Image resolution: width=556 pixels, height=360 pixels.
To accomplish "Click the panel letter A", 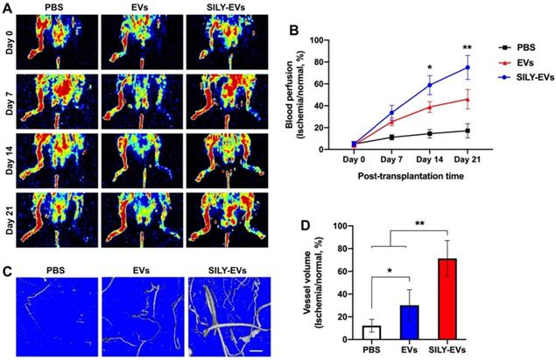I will pyautogui.click(x=7, y=8).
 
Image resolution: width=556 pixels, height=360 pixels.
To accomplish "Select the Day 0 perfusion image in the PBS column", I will pyautogui.click(x=58, y=42).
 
